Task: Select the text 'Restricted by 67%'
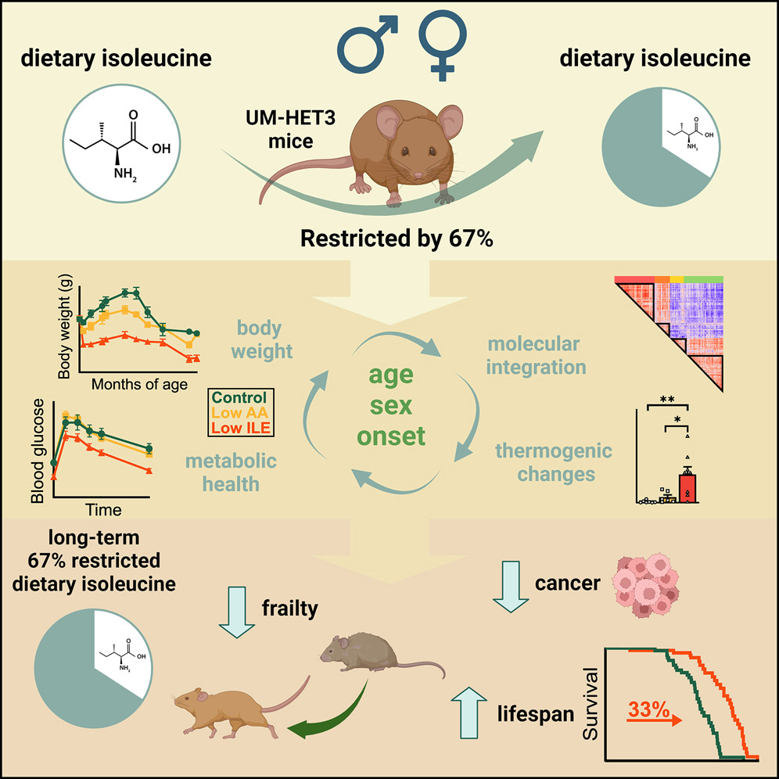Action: pos(389,239)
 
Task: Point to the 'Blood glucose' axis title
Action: pos(36,454)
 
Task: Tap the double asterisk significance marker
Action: pos(667,398)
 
